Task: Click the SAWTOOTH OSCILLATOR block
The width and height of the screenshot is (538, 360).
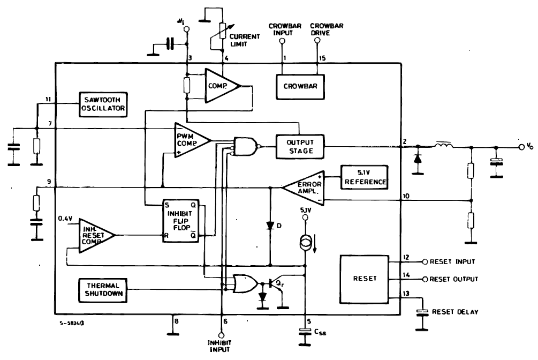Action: (103, 104)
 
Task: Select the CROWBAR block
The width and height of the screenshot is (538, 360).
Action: (300, 87)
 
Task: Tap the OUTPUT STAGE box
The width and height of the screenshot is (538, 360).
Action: (300, 147)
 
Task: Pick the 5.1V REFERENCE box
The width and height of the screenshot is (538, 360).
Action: (365, 177)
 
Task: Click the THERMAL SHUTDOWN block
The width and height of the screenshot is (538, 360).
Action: (103, 290)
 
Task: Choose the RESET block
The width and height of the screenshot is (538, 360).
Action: (365, 279)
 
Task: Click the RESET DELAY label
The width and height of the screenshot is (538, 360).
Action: (455, 312)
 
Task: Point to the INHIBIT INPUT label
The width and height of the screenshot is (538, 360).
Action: (219, 346)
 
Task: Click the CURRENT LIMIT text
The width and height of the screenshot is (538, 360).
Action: (245, 40)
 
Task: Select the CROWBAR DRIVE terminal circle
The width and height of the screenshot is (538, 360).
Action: (317, 41)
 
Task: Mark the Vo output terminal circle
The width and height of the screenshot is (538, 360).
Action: (521, 147)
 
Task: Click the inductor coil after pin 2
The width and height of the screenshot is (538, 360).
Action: (444, 146)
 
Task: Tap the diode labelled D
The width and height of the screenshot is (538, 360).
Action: (270, 226)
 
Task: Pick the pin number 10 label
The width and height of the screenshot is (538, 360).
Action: (406, 196)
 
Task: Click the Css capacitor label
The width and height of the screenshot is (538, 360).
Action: (320, 332)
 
